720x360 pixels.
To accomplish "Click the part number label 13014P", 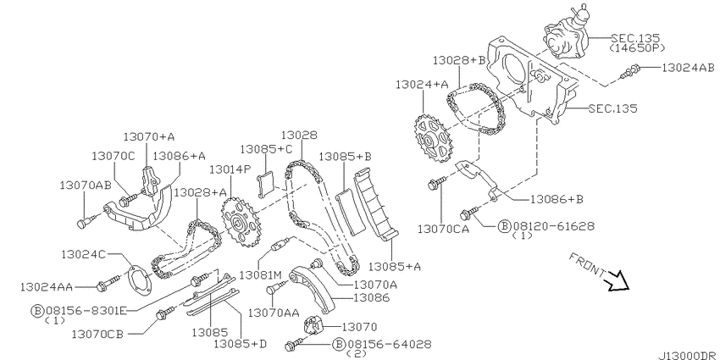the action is click(230, 169).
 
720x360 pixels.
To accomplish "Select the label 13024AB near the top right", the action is click(688, 68).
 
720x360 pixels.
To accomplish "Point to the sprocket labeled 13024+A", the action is click(434, 138).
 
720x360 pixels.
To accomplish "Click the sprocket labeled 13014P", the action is click(241, 222).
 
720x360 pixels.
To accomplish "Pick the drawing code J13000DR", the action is click(688, 356).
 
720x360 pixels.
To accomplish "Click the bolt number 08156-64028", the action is click(389, 344).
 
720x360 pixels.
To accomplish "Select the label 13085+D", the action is click(241, 343).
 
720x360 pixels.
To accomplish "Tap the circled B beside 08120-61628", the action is click(504, 226).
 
